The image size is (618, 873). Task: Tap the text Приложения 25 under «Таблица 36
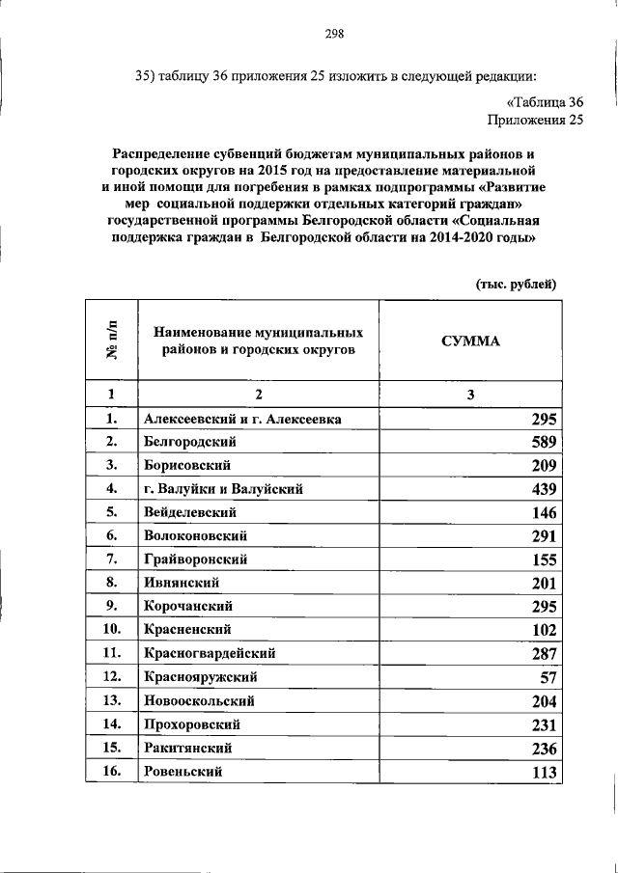[536, 121]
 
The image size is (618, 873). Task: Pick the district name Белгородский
[190, 443]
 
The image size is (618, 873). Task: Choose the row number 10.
[111, 630]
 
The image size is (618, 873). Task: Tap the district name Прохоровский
[192, 723]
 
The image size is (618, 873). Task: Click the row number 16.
[111, 772]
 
